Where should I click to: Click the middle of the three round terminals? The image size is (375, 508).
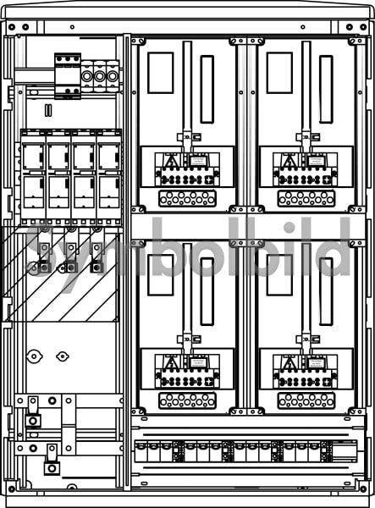click(x=99, y=76)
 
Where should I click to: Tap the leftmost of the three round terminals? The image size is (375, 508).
click(x=87, y=76)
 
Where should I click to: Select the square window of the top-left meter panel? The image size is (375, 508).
click(x=161, y=73)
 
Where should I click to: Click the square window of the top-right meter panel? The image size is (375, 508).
click(x=280, y=73)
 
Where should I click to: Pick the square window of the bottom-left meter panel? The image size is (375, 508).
click(x=161, y=275)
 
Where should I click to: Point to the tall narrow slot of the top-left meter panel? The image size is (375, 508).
click(x=207, y=90)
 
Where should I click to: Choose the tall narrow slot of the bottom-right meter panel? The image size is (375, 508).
click(x=326, y=291)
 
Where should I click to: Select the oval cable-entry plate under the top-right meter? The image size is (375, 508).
click(x=306, y=198)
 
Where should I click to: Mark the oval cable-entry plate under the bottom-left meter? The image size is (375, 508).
click(x=188, y=400)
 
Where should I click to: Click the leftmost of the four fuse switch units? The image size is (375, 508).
click(x=33, y=177)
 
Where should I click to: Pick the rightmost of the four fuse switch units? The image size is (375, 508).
click(x=109, y=177)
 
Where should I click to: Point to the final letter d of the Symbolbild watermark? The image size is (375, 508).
click(x=334, y=246)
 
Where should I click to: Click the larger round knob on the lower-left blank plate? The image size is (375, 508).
click(x=34, y=356)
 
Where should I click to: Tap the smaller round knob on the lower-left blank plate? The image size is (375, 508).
click(x=62, y=356)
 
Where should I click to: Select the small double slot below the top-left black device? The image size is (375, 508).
click(x=48, y=110)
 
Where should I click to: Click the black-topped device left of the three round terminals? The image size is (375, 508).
click(x=68, y=76)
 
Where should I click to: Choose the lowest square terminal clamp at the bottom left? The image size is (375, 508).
click(x=52, y=468)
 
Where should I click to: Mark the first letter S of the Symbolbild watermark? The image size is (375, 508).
click(x=41, y=252)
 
